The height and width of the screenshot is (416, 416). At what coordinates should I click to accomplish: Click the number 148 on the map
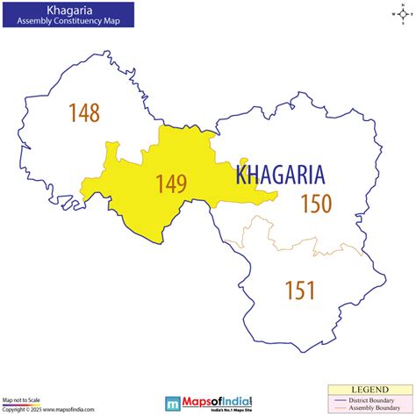pyautogui.click(x=84, y=112)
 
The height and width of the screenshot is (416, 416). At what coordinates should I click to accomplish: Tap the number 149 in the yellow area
pyautogui.click(x=171, y=183)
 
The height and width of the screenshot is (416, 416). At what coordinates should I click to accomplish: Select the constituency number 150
pyautogui.click(x=316, y=204)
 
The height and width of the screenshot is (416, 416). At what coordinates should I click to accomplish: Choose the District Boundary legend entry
pyautogui.click(x=377, y=399)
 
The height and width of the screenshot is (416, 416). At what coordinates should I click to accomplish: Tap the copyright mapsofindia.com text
pyautogui.click(x=40, y=410)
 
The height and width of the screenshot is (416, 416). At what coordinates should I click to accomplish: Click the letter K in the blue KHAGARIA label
pyautogui.click(x=241, y=174)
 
